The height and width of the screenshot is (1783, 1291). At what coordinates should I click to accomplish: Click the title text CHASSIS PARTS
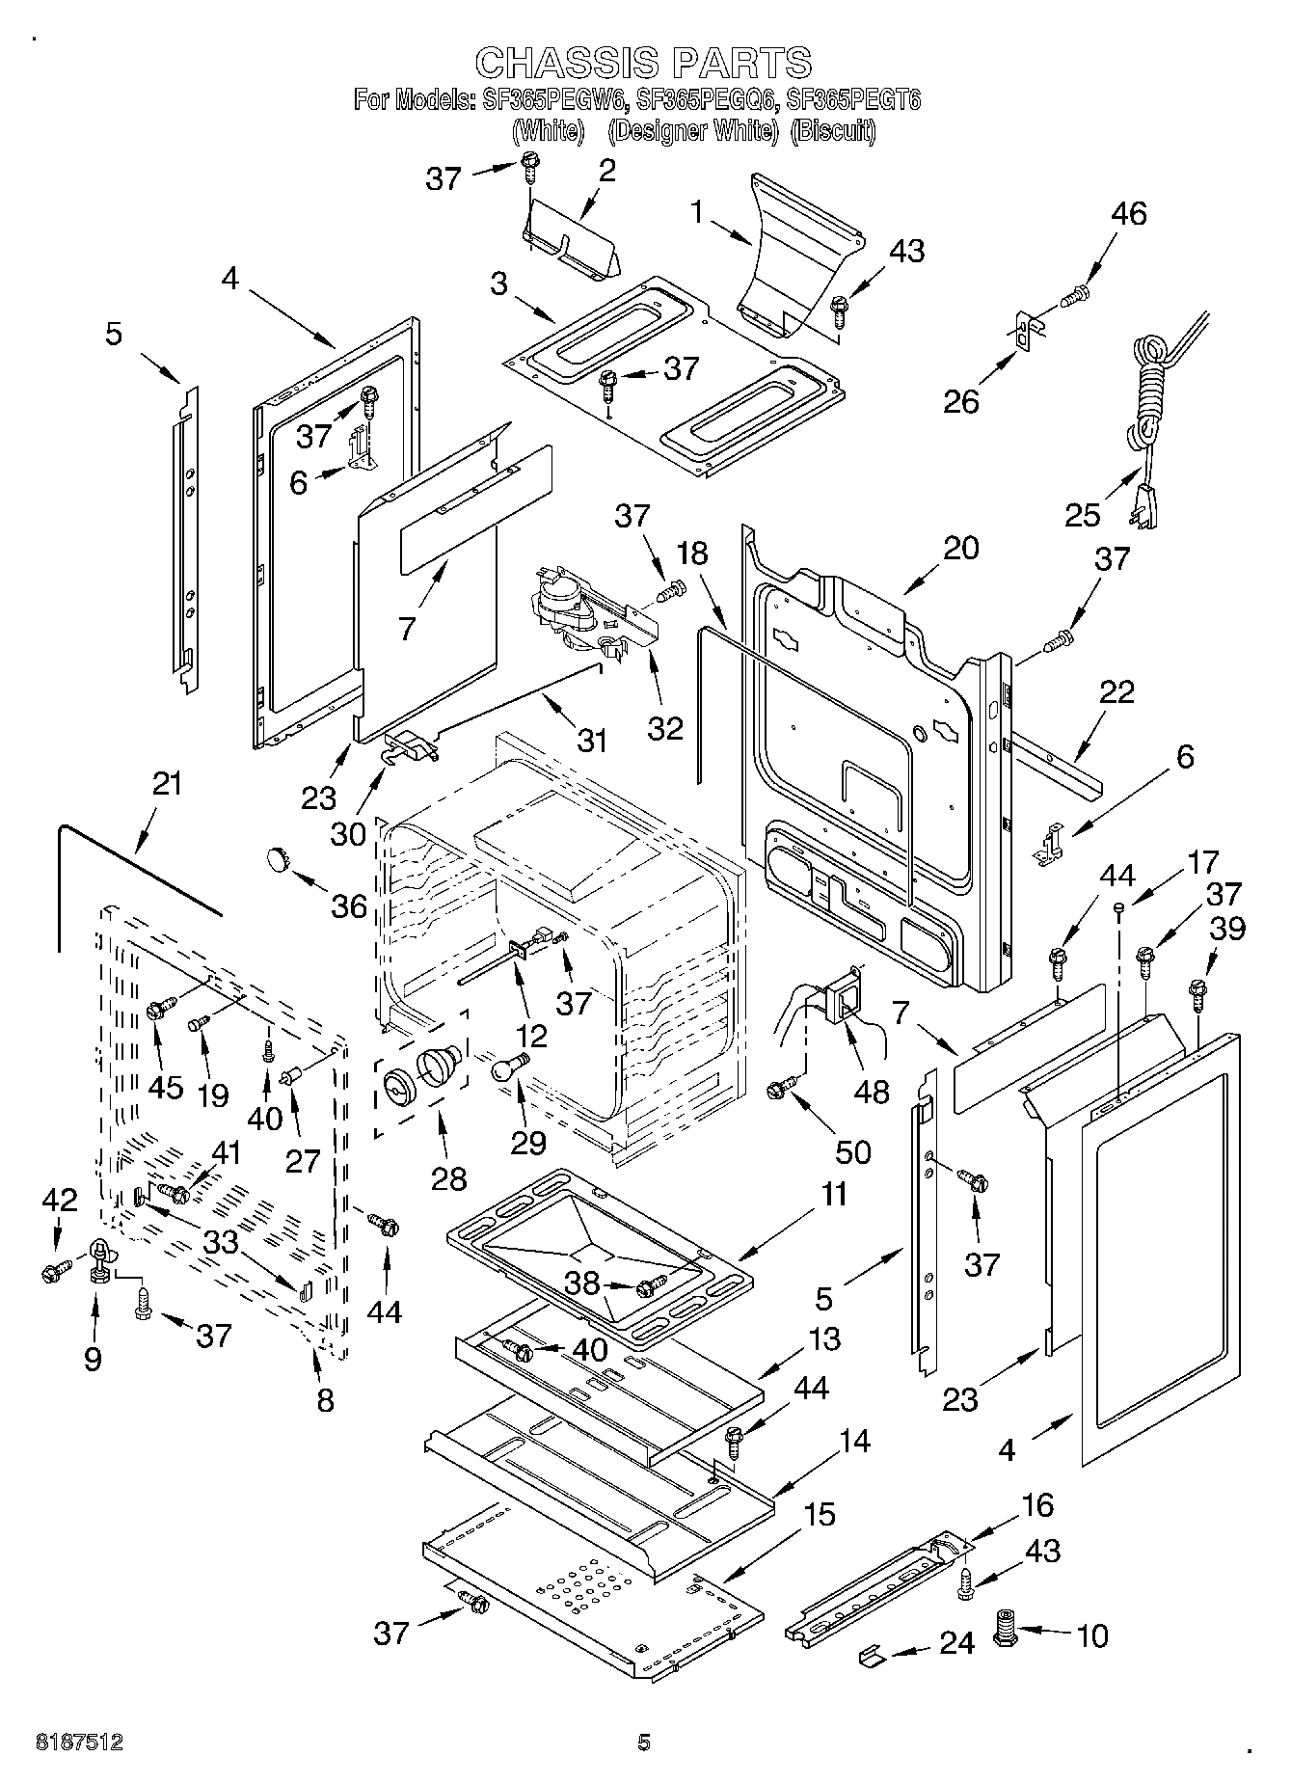(x=644, y=64)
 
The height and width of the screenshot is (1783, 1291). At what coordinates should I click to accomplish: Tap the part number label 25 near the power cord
(x=1083, y=515)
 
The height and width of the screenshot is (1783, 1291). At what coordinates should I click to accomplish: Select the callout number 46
(x=1128, y=214)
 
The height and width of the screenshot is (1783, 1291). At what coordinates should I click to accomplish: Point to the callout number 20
(x=959, y=548)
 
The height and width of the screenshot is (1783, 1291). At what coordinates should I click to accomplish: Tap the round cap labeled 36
(x=278, y=856)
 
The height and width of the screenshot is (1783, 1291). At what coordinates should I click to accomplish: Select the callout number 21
(x=167, y=784)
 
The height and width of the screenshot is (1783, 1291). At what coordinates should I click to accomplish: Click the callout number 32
(x=665, y=727)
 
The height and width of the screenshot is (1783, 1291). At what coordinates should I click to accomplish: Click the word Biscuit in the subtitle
(x=832, y=132)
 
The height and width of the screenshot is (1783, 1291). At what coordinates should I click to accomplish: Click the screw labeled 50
(x=777, y=1088)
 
